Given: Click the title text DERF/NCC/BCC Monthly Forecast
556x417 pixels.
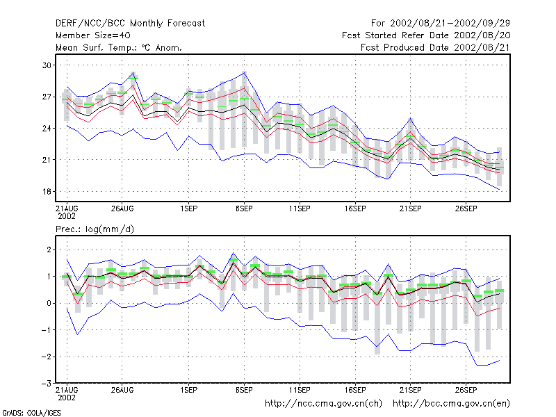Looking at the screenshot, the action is pyautogui.click(x=130, y=24).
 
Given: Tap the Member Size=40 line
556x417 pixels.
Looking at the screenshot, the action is pyautogui.click(x=93, y=35).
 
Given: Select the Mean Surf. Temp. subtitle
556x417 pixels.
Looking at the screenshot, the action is pyautogui.click(x=118, y=47).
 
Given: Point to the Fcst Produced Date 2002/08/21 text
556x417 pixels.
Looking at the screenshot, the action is pyautogui.click(x=435, y=47).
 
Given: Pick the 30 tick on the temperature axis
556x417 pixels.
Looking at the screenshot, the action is pyautogui.click(x=47, y=65).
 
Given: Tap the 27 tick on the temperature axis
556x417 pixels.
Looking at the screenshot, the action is pyautogui.click(x=47, y=97).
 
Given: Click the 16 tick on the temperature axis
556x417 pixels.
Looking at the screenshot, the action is pyautogui.click(x=47, y=192).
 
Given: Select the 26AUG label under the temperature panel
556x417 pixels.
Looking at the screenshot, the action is pyautogui.click(x=122, y=208).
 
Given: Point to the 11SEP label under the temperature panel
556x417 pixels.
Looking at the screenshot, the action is pyautogui.click(x=300, y=208).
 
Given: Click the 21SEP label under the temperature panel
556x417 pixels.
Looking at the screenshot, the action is pyautogui.click(x=410, y=208).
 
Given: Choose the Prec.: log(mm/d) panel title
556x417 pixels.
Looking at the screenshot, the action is pyautogui.click(x=95, y=229).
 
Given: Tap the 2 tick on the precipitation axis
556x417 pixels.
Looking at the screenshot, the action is pyautogui.click(x=49, y=250).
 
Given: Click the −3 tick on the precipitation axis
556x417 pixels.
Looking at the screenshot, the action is pyautogui.click(x=47, y=384).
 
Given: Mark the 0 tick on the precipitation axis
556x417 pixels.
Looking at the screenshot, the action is pyautogui.click(x=49, y=303).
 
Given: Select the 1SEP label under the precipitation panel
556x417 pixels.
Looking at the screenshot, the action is pyautogui.click(x=188, y=390).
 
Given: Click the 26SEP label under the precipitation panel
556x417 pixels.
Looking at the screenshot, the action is pyautogui.click(x=466, y=390).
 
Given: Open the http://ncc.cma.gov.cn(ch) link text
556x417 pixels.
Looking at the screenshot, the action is pyautogui.click(x=323, y=404).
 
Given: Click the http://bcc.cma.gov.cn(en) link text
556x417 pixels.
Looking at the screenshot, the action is pyautogui.click(x=451, y=404).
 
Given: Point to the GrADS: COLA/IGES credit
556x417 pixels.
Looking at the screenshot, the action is pyautogui.click(x=31, y=413).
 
